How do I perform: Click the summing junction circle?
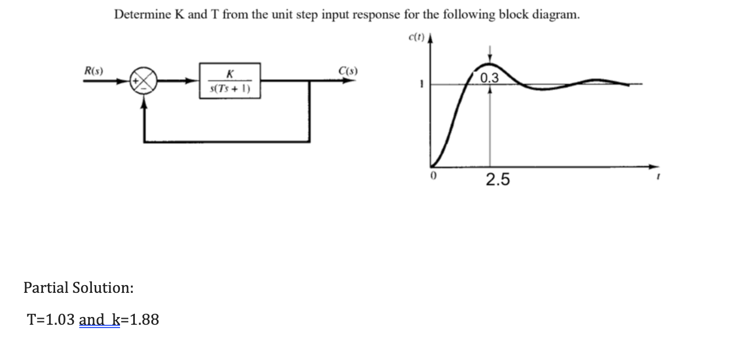tap(143, 81)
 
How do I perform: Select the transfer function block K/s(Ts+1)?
tap(230, 81)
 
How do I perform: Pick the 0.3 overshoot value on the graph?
tap(489, 78)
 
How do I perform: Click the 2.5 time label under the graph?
tap(497, 179)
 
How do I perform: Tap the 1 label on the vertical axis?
tap(420, 84)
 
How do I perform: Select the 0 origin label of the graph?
tap(433, 178)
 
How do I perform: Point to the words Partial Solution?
tap(78, 287)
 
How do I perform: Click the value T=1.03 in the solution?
tap(52, 319)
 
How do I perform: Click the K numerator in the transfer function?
tap(230, 74)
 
